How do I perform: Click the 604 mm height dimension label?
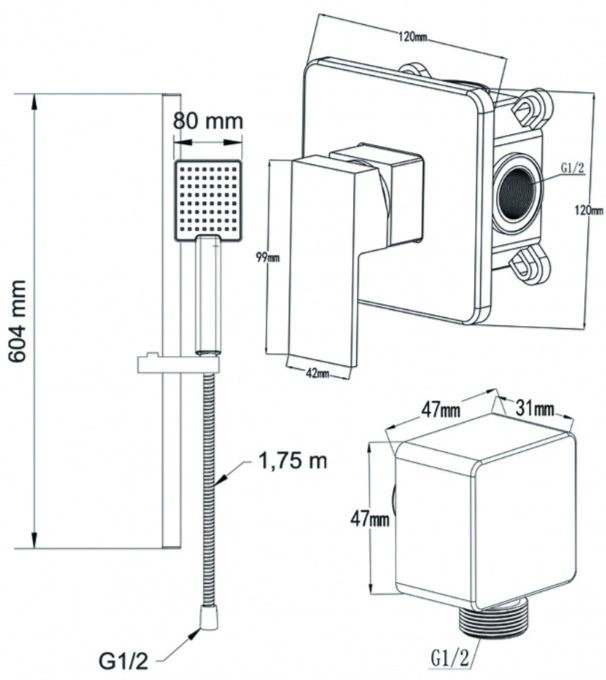[18, 321]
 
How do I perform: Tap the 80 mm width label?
[208, 121]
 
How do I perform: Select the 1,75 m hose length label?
[293, 461]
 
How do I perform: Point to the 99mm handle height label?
[268, 258]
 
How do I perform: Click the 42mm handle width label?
[317, 373]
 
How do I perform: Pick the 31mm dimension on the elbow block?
[534, 408]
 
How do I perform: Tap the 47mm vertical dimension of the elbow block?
[370, 519]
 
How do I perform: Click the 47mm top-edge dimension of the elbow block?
[441, 409]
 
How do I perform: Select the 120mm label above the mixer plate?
[413, 36]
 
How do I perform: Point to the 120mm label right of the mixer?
[589, 210]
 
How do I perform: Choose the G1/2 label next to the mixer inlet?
[573, 168]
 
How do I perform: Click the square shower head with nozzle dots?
[208, 200]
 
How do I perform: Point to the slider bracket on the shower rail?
[178, 363]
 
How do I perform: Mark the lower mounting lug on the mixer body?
[529, 265]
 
